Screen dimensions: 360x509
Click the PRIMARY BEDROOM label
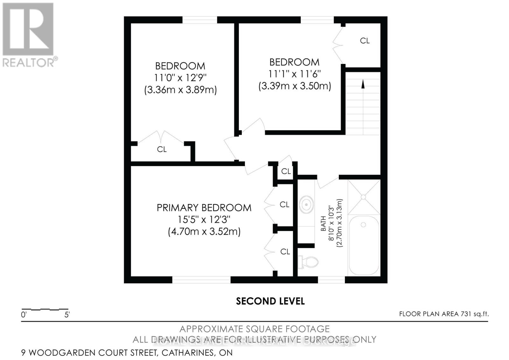(x=204, y=208)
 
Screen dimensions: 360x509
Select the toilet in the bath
(x=308, y=262)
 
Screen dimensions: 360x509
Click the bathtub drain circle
(x=363, y=225)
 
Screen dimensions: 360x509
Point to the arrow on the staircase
(x=363, y=84)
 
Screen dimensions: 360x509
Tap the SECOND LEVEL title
(x=270, y=301)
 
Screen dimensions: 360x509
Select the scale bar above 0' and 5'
(x=45, y=309)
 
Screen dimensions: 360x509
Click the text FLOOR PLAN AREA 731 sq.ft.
(x=444, y=314)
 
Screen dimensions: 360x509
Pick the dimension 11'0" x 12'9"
(x=180, y=78)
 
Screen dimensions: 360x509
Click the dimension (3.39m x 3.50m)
(x=295, y=86)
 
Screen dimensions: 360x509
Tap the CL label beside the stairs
(x=365, y=41)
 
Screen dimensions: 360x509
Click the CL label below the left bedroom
(x=162, y=149)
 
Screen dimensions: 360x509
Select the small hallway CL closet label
(x=286, y=171)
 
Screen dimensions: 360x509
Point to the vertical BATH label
(x=323, y=224)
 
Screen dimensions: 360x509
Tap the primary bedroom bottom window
(x=201, y=280)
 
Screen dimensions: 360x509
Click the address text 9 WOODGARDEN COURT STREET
(x=89, y=353)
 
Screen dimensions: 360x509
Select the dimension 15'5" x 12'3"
(x=204, y=220)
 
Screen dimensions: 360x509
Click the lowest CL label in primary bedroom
(x=285, y=252)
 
